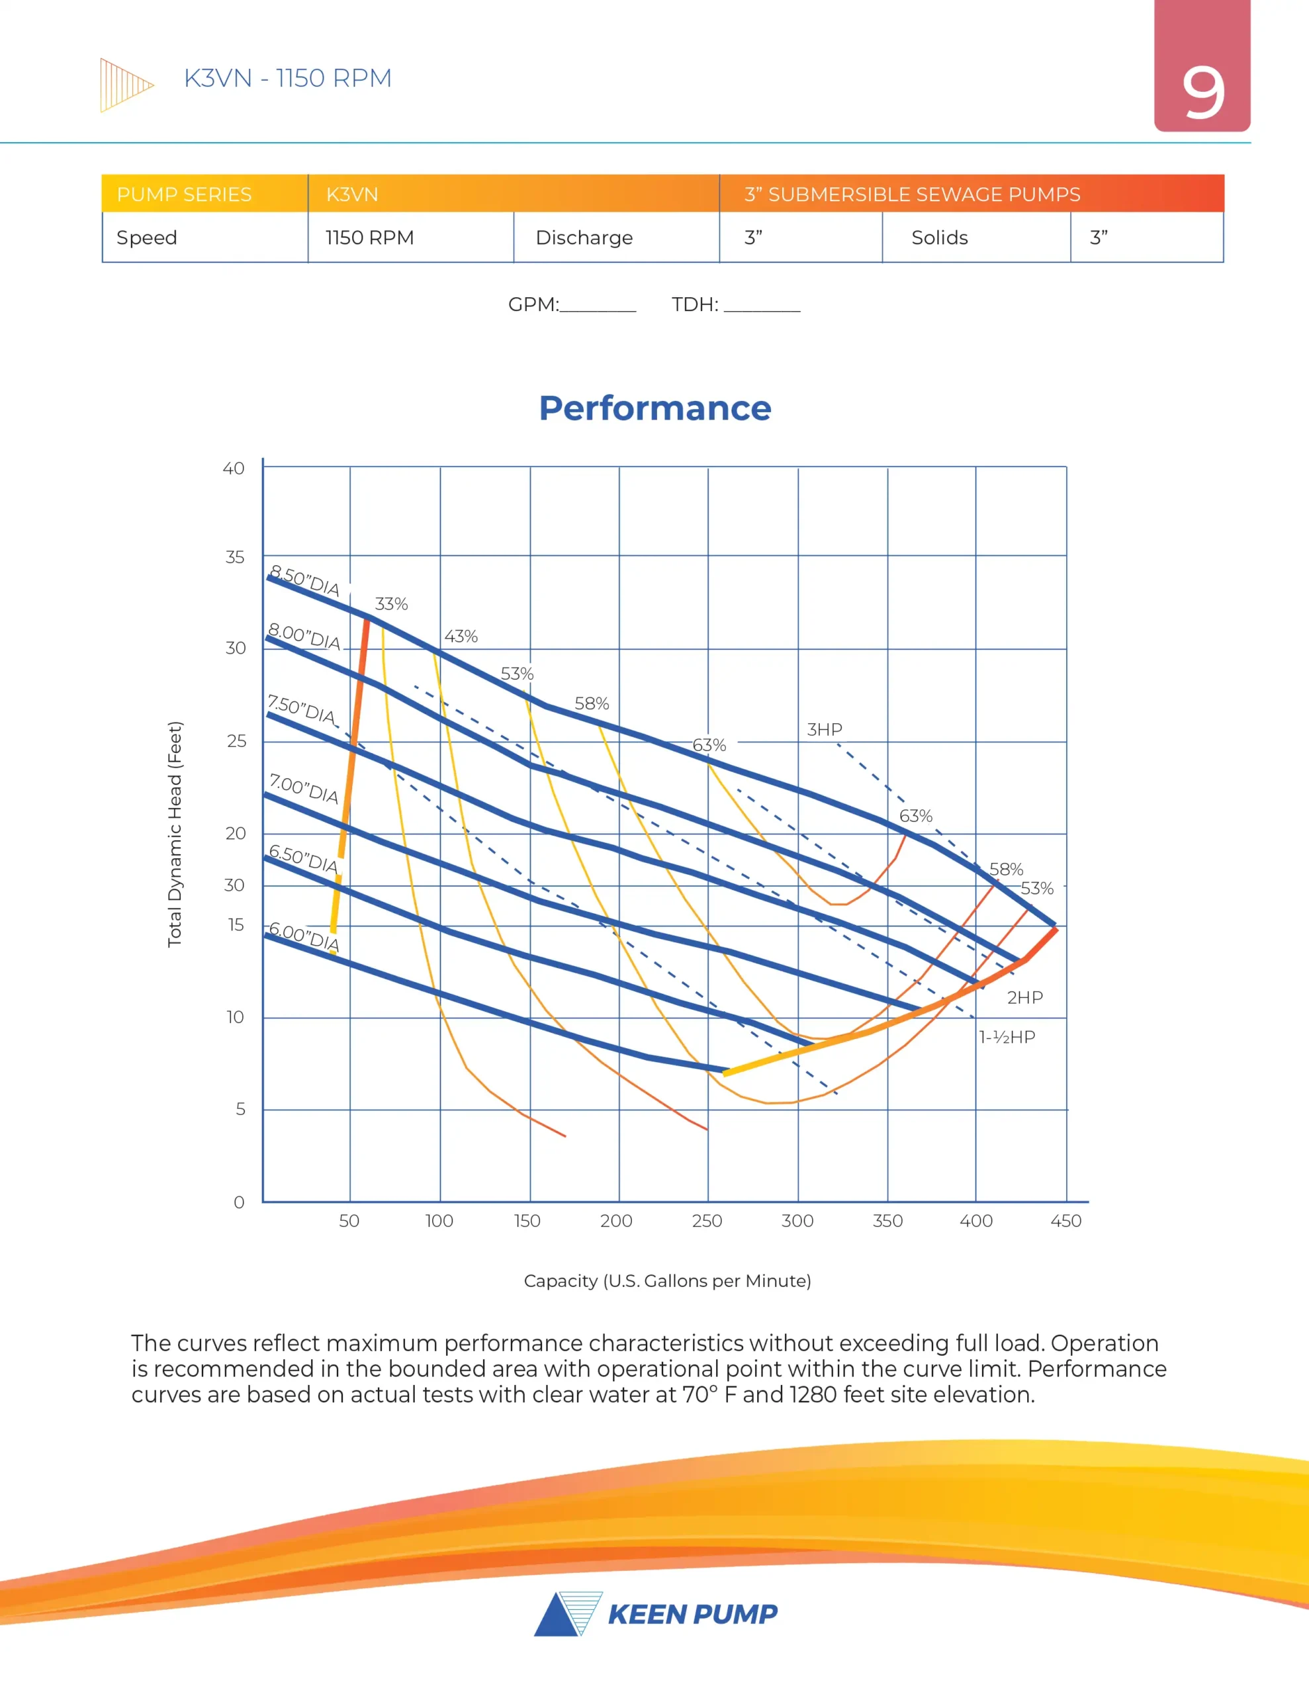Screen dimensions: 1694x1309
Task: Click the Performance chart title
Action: [x=655, y=408]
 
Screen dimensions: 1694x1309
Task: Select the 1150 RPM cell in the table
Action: [x=369, y=238]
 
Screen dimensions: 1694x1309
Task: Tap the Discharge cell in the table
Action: [x=584, y=238]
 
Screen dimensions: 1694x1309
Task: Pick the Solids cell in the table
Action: [x=939, y=238]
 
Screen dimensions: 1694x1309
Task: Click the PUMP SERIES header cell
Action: [x=184, y=194]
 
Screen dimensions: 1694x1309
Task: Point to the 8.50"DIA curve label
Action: [x=304, y=581]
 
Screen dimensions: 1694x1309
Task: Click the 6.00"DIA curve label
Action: [x=304, y=937]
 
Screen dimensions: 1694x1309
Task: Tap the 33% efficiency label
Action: [x=391, y=603]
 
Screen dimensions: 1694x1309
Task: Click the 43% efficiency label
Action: [x=461, y=636]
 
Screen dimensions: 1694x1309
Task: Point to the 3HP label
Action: [x=824, y=729]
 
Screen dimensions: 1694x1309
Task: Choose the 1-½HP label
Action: [x=1007, y=1037]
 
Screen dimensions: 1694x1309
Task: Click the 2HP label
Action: [x=1024, y=997]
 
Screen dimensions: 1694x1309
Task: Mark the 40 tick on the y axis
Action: [x=234, y=468]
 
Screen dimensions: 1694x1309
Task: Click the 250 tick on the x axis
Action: [x=707, y=1221]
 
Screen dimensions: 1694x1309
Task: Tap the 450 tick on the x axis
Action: [x=1065, y=1221]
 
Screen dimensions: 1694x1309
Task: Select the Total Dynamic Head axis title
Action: [x=175, y=834]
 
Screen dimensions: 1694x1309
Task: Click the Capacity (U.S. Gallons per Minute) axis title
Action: [x=667, y=1280]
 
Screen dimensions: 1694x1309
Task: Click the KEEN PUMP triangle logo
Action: [x=568, y=1614]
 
